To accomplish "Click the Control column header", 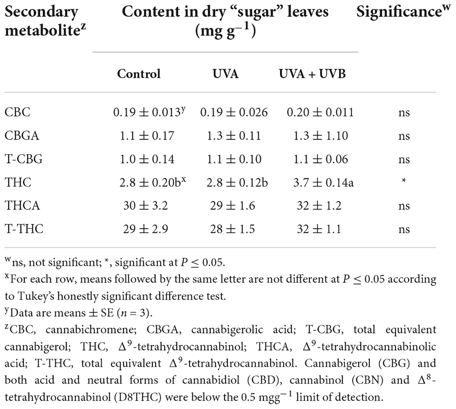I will click(139, 73).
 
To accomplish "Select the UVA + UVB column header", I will click(312, 73).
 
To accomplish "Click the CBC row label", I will click(17, 112).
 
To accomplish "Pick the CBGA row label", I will click(22, 136).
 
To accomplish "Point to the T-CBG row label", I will click(24, 159).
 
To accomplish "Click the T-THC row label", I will click(24, 229).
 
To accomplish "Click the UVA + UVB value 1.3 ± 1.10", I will click(320, 136).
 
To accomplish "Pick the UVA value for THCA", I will click(233, 205).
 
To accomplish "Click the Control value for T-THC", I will click(146, 229).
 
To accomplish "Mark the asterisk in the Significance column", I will click(404, 182).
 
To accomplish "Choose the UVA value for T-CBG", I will click(234, 159).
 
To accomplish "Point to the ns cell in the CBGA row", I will click(404, 136).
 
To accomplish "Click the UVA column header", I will click(225, 73).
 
